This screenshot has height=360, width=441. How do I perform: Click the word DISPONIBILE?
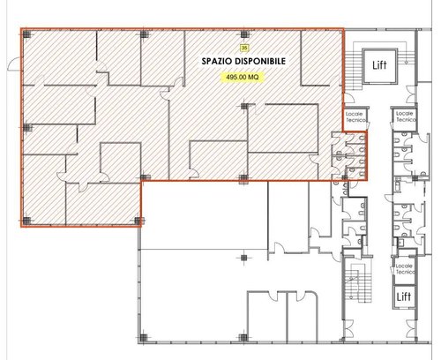coord(258,61)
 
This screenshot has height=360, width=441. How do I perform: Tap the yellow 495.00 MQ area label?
coord(243,77)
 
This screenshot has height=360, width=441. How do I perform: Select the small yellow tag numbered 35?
coord(243,48)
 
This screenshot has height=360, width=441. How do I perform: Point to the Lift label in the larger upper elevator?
coord(379,65)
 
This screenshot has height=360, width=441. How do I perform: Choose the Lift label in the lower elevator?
coord(404,296)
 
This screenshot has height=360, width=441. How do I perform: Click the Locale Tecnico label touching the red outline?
coord(355,117)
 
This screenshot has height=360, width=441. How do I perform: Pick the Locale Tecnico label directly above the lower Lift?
coord(406,269)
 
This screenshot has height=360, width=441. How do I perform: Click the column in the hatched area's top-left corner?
coord(26,34)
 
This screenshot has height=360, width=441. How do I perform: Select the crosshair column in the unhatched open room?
coord(243,258)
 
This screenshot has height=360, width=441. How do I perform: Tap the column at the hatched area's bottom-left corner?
coord(26,221)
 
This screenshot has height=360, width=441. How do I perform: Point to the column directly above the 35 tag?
coord(243,34)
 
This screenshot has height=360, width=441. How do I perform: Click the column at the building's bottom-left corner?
coord(143,338)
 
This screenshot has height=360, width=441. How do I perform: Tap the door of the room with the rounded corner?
coord(302,296)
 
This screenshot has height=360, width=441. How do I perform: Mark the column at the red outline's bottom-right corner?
coord(345,177)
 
